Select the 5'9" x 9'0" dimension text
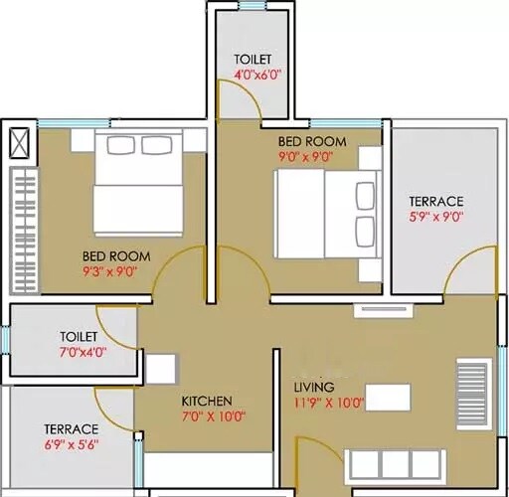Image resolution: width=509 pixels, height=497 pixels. tap(435, 215)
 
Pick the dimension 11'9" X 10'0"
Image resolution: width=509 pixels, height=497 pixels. tap(329, 403)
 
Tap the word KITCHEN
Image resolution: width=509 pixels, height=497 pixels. tap(207, 401)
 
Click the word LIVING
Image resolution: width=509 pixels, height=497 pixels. tap(313, 387)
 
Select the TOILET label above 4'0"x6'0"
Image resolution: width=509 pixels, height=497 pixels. tap(253, 59)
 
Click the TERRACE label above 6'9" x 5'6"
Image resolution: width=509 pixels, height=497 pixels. tap(70, 429)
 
